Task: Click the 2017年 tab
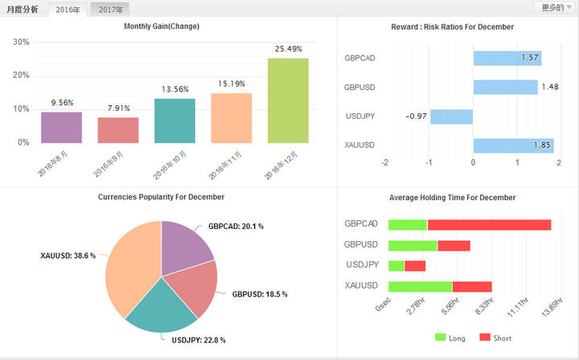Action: click(x=110, y=9)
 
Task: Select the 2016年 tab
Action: click(x=68, y=9)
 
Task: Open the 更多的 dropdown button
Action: click(x=556, y=7)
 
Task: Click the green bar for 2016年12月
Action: click(x=288, y=100)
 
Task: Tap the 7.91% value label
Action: click(x=118, y=108)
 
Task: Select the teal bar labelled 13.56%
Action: click(x=175, y=121)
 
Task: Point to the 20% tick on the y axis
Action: click(x=21, y=76)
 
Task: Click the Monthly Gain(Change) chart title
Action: click(x=162, y=27)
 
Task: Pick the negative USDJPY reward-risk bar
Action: click(x=452, y=117)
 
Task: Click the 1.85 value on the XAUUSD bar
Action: click(x=542, y=145)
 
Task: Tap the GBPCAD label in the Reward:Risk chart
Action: click(x=359, y=59)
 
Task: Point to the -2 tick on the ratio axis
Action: click(x=384, y=162)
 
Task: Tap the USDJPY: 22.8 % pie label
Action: click(x=199, y=340)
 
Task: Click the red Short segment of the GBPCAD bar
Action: click(x=489, y=225)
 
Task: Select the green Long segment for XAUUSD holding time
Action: click(x=421, y=287)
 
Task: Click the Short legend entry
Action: click(x=495, y=337)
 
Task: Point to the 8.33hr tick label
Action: click(x=484, y=306)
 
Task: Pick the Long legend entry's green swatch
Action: click(x=440, y=337)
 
